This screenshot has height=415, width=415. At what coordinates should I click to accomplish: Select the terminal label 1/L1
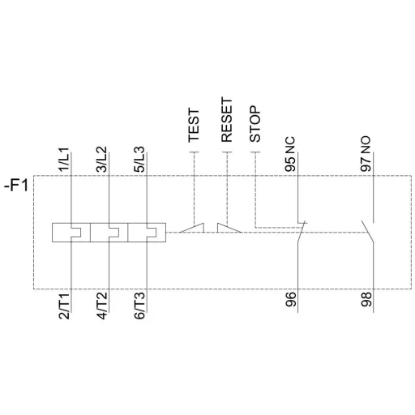[x=66, y=152]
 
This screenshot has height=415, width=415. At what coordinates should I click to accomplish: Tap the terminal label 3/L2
[x=101, y=152]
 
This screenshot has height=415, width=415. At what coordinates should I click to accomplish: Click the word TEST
[x=194, y=126]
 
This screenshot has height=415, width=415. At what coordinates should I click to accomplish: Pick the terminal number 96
[x=292, y=302]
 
